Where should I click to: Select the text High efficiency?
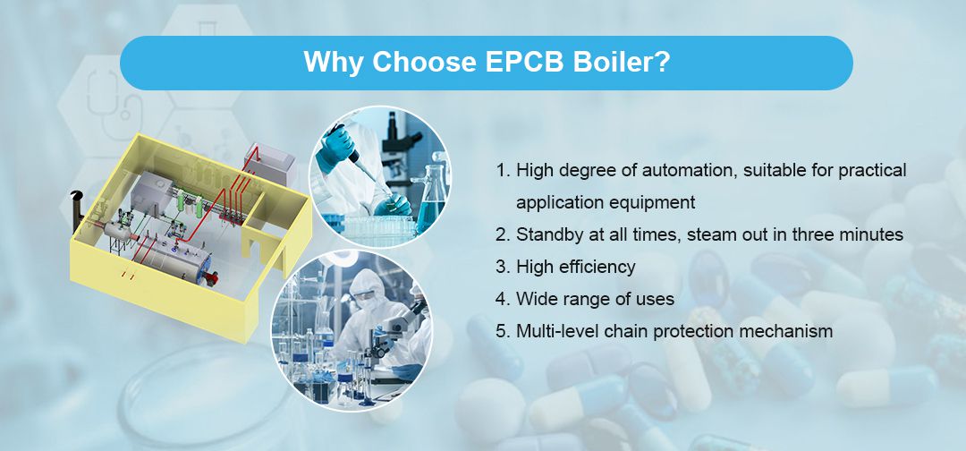tap(575, 267)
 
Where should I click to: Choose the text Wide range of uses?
tap(595, 299)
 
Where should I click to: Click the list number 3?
tap(502, 267)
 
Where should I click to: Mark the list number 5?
tap(502, 331)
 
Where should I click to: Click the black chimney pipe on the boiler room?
tap(77, 197)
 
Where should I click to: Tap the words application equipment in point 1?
tap(605, 202)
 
